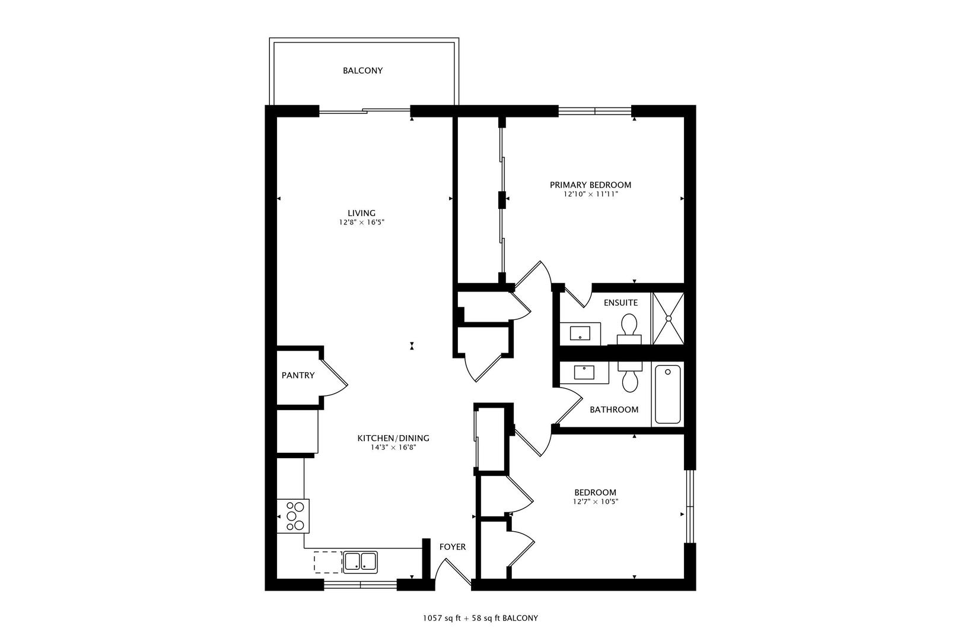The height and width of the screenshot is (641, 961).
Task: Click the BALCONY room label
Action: tap(362, 71)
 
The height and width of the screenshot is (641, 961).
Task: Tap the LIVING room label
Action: tap(361, 213)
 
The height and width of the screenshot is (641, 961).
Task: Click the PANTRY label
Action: tap(298, 376)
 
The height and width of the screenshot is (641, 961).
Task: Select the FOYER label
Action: tap(452, 547)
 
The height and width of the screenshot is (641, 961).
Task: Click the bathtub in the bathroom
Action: tap(668, 395)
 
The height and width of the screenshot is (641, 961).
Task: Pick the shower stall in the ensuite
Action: tap(668, 318)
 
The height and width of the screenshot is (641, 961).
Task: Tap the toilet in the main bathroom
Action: tap(629, 376)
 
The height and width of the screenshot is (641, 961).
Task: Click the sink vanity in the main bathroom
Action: tap(584, 373)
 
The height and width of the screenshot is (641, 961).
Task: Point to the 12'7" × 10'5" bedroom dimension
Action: tap(595, 502)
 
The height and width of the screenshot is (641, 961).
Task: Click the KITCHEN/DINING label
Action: tap(393, 439)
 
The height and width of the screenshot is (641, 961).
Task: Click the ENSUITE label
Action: tap(620, 303)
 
